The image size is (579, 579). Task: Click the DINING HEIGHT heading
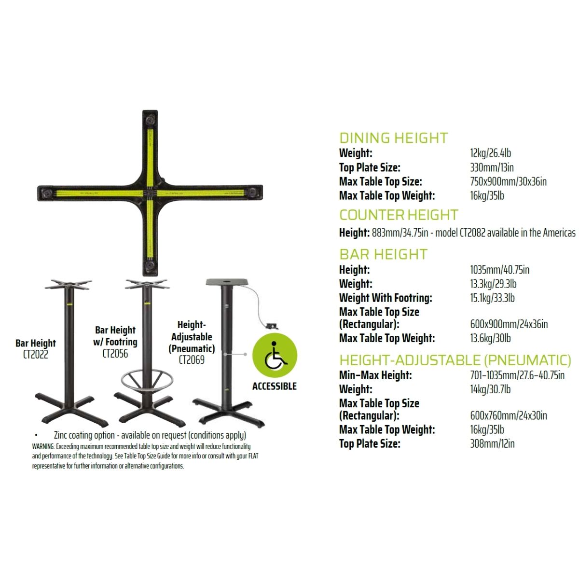393,138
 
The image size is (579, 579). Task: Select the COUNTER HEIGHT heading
399,215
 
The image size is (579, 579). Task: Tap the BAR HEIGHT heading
383,254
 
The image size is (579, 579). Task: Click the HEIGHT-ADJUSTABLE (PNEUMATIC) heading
455,360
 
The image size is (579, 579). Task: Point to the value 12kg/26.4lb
490,153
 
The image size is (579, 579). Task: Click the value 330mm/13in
492,167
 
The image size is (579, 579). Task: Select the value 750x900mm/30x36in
508,181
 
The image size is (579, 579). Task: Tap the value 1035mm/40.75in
500,270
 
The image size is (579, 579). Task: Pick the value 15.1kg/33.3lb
492,298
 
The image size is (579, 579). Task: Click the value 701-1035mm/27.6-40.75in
517,375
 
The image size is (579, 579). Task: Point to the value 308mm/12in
492,444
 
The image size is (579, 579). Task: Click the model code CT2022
35,355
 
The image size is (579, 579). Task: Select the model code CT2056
115,354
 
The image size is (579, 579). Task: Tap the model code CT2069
192,359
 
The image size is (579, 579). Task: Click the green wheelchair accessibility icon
275,355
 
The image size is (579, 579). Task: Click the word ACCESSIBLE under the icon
275,386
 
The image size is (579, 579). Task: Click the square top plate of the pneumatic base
227,282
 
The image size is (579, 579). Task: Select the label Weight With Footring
386,298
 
